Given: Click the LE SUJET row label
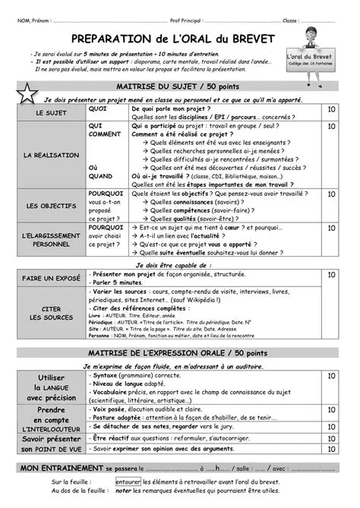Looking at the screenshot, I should click(x=51, y=112).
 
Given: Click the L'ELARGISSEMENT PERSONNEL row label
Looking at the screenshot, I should click(x=51, y=240).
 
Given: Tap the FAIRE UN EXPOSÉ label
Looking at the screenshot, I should click(x=51, y=279).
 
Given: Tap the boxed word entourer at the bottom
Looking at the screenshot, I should click(x=128, y=481).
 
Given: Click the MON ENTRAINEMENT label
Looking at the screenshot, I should click(x=62, y=468).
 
